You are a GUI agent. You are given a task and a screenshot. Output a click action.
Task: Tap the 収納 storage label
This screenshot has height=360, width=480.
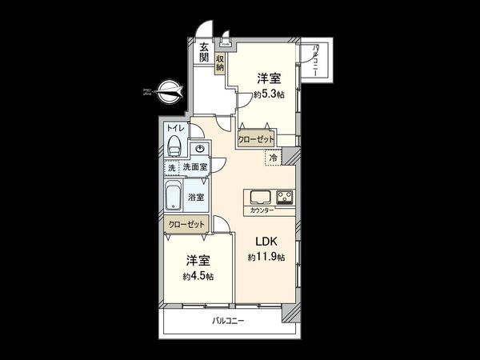point(220,62)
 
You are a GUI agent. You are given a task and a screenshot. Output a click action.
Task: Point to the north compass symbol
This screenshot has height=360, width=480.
point(165,94)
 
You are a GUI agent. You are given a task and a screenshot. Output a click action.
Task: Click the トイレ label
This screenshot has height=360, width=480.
point(174,128)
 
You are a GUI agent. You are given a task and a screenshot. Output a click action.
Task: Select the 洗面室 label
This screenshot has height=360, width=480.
point(194,167)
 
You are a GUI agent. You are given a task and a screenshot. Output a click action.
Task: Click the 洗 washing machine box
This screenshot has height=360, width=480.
point(171,167)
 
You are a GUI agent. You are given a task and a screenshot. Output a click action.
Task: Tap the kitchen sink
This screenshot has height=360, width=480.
point(260,197)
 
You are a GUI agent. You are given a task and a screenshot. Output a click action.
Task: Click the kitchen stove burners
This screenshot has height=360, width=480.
point(285,197)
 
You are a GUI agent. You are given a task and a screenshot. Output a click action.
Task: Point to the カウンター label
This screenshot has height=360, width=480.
point(262,210)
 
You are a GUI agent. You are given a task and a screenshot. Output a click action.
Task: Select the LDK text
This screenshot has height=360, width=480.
point(266,241)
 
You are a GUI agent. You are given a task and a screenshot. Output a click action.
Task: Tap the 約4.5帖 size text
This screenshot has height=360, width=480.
point(197,276)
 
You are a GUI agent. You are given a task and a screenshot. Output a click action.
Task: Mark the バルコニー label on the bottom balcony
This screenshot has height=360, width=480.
point(228,321)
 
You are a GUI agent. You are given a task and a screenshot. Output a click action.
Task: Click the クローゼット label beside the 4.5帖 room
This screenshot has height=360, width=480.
point(186,225)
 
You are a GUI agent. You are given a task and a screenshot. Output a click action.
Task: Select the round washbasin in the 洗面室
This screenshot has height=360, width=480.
point(199,149)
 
